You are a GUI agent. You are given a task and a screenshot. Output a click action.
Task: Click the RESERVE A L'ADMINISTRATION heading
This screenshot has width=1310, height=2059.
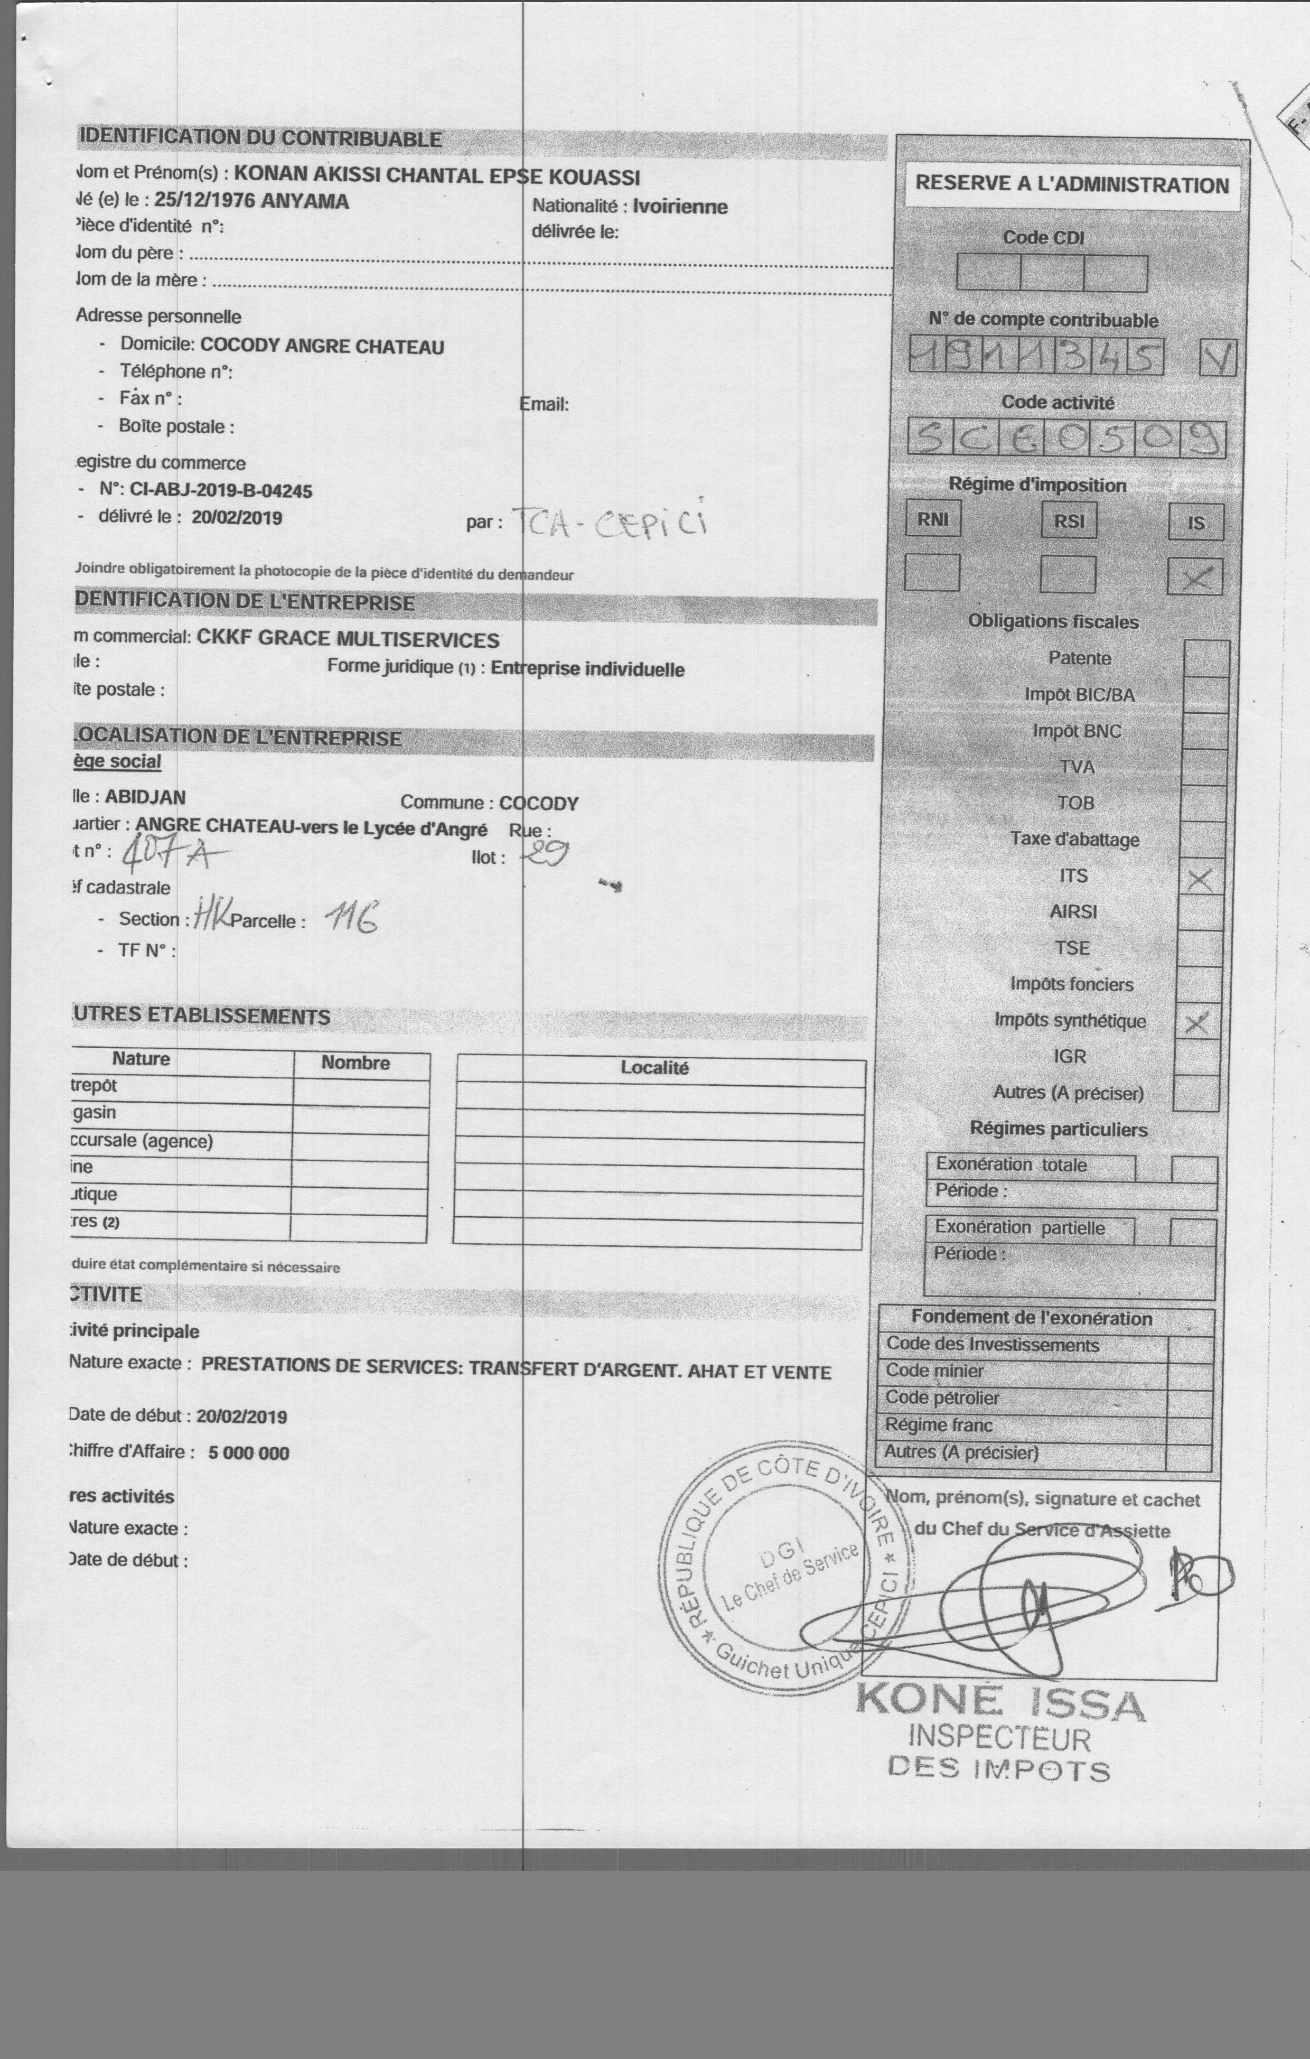point(1071,185)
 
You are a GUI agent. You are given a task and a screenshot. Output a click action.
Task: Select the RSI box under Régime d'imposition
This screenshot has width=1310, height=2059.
point(1069,521)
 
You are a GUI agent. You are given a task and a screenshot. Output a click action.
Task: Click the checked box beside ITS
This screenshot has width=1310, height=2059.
point(1200,878)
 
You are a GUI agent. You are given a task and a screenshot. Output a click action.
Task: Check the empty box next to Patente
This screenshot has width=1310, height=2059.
point(1206,658)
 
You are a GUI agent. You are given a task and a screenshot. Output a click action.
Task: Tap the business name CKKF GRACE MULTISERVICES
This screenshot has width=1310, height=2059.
point(348,640)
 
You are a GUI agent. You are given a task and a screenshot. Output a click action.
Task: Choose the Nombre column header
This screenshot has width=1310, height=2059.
point(355,1063)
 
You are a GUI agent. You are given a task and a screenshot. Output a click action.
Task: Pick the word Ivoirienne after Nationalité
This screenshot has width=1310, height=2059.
point(680,207)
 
